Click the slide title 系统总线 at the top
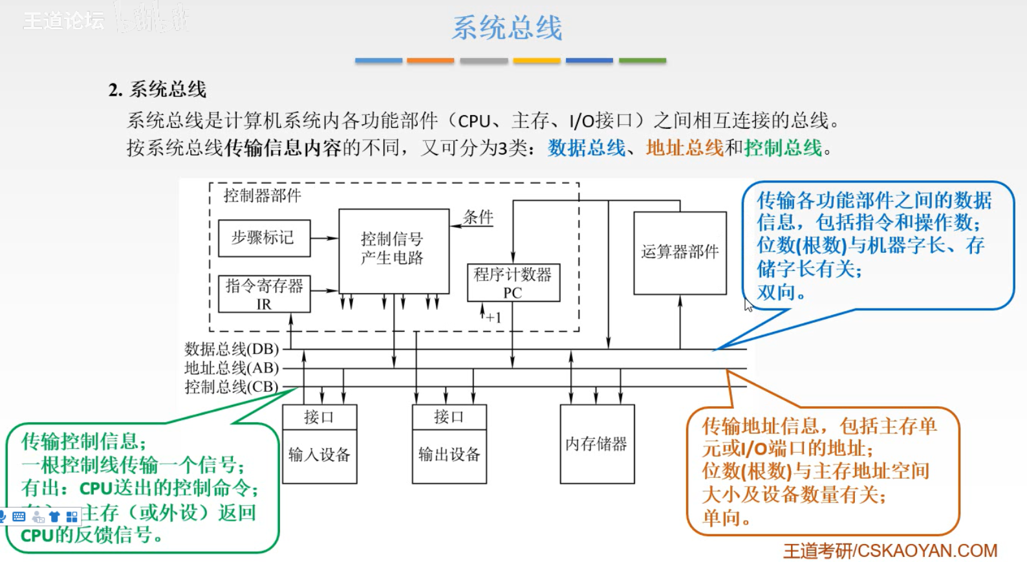[x=507, y=28]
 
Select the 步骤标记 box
[x=264, y=238]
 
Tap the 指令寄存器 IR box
[x=264, y=294]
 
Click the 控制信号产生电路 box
[x=393, y=250]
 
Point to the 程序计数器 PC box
[x=513, y=283]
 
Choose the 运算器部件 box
[x=680, y=252]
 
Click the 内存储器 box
[x=596, y=444]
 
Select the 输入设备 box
[x=319, y=455]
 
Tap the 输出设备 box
[x=449, y=455]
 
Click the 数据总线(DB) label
[x=232, y=349]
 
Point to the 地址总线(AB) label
[x=232, y=368]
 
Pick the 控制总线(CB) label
[x=232, y=387]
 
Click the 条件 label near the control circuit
[x=479, y=217]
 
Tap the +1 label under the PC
[x=493, y=318]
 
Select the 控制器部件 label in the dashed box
[x=262, y=195]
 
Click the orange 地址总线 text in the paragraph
[x=684, y=148]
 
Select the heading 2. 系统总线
[x=158, y=89]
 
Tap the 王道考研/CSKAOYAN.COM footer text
[x=890, y=550]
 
